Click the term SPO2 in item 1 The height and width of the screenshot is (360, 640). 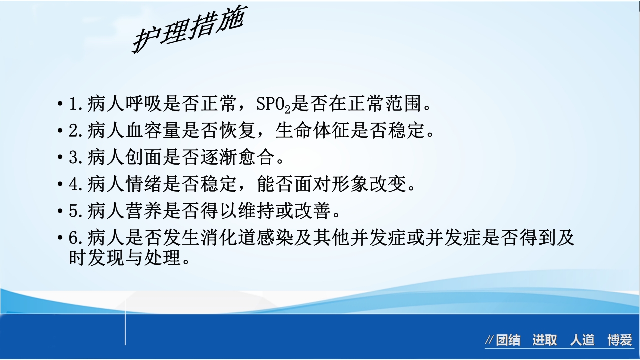(273, 104)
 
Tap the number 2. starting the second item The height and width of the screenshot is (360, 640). (76, 131)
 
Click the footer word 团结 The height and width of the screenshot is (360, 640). (508, 341)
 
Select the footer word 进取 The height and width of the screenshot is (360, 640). (544, 341)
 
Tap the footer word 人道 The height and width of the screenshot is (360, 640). (582, 341)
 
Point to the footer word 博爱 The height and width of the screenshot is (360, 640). (620, 341)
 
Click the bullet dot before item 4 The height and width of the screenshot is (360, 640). (60, 185)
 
